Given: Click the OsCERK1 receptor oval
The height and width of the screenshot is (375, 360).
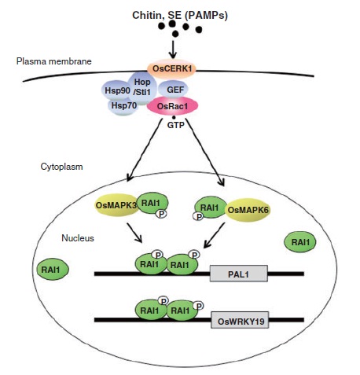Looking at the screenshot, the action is [x=171, y=68].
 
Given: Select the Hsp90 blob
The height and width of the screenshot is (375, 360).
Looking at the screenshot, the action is [x=117, y=90].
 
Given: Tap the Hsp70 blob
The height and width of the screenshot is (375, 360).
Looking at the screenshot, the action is [x=123, y=106].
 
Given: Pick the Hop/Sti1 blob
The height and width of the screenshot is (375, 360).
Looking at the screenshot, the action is [x=142, y=87].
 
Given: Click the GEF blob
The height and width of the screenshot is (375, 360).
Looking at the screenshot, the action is [x=174, y=90].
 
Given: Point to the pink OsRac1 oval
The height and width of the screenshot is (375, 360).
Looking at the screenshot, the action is [x=172, y=106].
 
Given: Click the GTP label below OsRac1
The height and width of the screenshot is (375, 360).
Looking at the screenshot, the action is [x=176, y=125].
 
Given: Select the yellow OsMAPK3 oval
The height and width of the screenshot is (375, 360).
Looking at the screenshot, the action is [x=116, y=205].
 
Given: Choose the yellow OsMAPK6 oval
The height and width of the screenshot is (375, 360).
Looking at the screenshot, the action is [x=248, y=210].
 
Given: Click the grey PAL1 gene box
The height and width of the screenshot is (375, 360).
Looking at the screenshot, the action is [x=239, y=274].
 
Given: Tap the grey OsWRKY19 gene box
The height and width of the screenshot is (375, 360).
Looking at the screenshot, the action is [x=240, y=320].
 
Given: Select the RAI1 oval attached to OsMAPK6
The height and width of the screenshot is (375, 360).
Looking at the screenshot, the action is [x=210, y=208].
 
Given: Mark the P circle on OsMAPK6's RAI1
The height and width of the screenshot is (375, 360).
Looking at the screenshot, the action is [x=199, y=216].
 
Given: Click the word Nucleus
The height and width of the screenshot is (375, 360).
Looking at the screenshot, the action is [x=78, y=238].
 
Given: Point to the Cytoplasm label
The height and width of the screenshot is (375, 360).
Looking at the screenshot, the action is [x=62, y=167].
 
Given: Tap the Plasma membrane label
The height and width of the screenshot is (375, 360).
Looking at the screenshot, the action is [x=54, y=61].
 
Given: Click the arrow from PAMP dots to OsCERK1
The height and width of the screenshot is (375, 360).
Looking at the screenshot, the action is [x=173, y=49].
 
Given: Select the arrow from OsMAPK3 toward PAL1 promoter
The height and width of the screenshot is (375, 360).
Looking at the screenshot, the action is [x=134, y=233].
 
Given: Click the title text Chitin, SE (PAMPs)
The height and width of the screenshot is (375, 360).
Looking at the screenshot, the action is [x=180, y=15].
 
